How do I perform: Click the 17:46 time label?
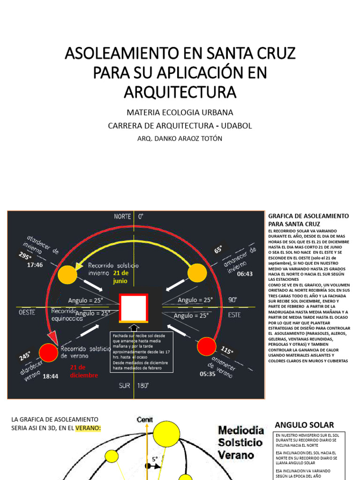[x=35, y=265]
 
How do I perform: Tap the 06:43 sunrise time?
[x=245, y=274]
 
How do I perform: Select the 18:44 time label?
[x=50, y=376]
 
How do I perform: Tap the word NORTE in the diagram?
[x=122, y=217]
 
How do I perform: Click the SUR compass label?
[x=124, y=385]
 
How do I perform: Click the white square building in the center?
[x=134, y=308]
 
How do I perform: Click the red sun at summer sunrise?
[x=206, y=346]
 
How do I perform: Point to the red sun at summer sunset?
[x=48, y=352]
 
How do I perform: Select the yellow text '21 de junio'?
[x=120, y=277]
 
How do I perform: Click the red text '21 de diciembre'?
[x=84, y=371]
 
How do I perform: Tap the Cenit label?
[x=144, y=419]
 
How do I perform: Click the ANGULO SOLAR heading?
[x=304, y=425]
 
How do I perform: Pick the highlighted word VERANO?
[x=88, y=427]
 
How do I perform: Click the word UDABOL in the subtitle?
[x=236, y=126]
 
